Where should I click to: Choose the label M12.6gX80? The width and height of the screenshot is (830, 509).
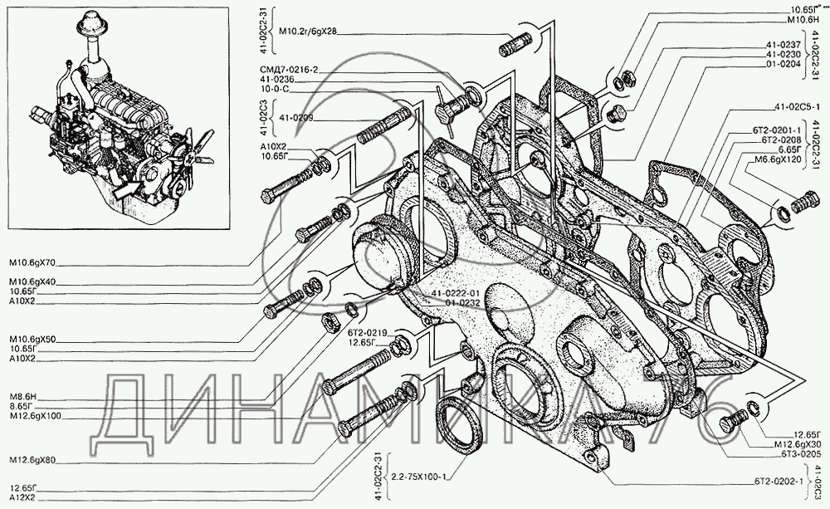pos(34,459)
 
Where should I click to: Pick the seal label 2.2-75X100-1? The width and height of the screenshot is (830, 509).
pos(418,477)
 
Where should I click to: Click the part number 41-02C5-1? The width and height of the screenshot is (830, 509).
pos(796,107)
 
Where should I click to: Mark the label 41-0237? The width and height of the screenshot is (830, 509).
pos(783,43)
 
